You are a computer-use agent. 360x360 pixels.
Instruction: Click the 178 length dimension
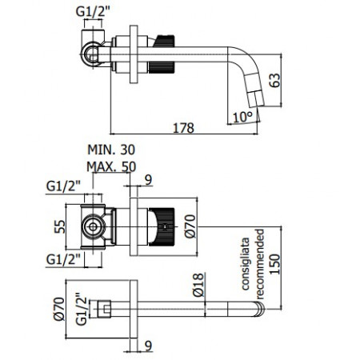(183, 128)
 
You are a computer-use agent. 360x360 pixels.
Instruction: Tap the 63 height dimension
(275, 80)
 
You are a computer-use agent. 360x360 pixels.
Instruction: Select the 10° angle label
(242, 118)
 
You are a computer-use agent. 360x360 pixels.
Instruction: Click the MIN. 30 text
(111, 150)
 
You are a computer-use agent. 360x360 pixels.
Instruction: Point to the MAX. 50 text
(111, 167)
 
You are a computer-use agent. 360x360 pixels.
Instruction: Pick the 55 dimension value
(60, 226)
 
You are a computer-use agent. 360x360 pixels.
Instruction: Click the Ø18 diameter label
(198, 285)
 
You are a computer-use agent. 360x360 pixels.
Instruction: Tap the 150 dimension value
(275, 264)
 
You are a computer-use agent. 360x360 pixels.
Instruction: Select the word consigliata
(246, 264)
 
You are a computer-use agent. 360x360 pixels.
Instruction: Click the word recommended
(260, 264)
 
